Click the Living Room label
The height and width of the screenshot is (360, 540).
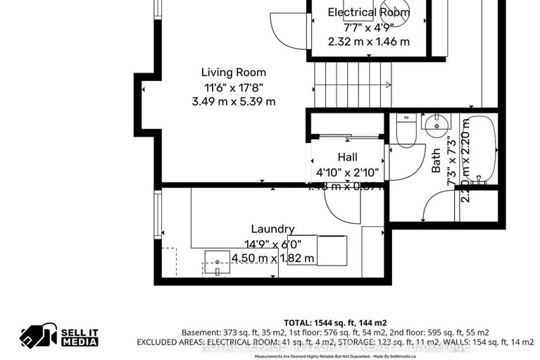click(234, 73)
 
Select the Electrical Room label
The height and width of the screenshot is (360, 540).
click(368, 12)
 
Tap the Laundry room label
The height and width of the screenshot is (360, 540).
click(273, 229)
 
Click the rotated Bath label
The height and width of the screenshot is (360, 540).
click(436, 161)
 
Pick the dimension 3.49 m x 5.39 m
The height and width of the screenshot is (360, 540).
click(234, 101)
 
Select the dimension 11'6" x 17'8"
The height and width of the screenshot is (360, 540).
click(234, 87)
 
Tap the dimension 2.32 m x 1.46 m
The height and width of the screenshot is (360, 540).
click(368, 42)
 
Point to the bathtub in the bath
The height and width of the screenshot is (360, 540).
click(479, 149)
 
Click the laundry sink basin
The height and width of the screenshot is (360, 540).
click(218, 261)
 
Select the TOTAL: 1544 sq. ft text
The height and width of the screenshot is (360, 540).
click(335, 321)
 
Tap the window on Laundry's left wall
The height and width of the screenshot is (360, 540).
click(158, 216)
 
